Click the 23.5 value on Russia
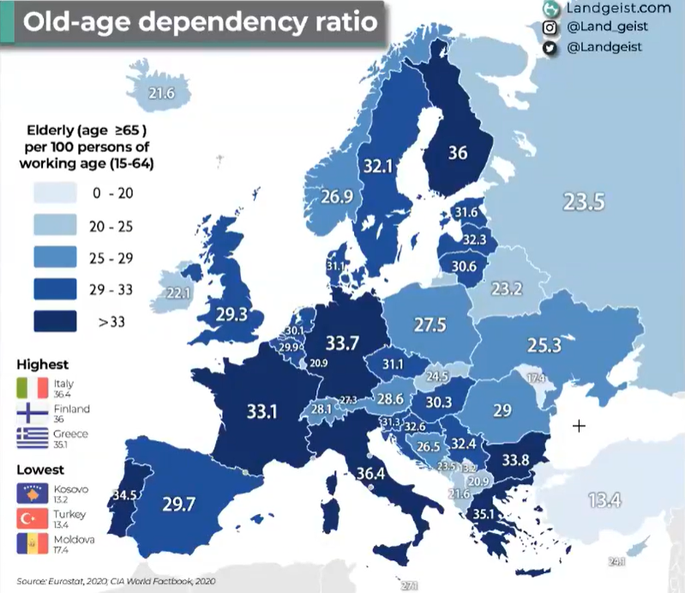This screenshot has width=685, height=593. click(585, 202)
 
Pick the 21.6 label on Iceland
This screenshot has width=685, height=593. click(161, 93)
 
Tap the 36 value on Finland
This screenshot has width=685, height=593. click(458, 153)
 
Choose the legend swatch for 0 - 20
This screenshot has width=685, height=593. click(54, 193)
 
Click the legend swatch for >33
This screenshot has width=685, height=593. click(54, 322)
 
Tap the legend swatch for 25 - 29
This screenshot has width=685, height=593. click(54, 257)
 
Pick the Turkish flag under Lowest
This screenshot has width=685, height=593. click(31, 517)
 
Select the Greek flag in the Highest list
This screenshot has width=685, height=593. click(31, 439)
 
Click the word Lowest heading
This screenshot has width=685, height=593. click(41, 469)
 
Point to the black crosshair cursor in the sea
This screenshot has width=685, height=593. click(580, 426)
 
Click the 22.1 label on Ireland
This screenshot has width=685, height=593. click(177, 293)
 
